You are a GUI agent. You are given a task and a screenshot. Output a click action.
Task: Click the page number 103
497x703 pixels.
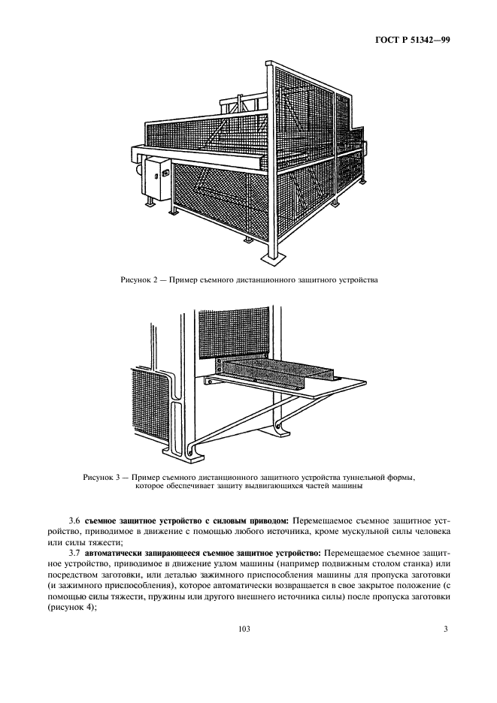point(244,628)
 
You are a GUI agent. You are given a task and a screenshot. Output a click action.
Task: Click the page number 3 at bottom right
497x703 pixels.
point(445,628)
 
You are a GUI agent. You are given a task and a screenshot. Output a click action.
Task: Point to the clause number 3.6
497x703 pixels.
point(74,520)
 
